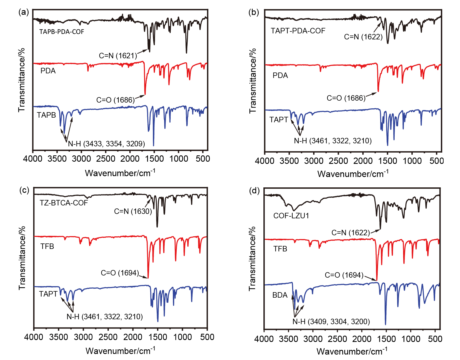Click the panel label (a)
pos(24,12)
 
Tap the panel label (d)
pos(254,190)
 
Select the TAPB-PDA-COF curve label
pos(62,32)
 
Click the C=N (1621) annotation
pos(118,56)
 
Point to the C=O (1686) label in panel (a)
pos(115,100)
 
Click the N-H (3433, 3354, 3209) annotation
pos(106,144)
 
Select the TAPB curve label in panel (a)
pos(46,115)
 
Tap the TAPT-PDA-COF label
pos(298,31)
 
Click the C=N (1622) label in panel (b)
pos(363,37)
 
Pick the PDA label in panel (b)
pos(280,76)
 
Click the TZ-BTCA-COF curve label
pos(64,203)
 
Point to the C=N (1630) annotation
pos(133,211)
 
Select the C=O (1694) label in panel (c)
pos(120,273)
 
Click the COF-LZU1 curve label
pos(291,216)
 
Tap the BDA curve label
pos(280,295)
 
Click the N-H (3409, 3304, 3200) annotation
pos(331,322)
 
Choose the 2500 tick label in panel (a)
pos(106,159)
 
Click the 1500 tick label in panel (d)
pos(386,339)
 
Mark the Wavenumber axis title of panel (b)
pos(353,174)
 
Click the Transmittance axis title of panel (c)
pos(22,258)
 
